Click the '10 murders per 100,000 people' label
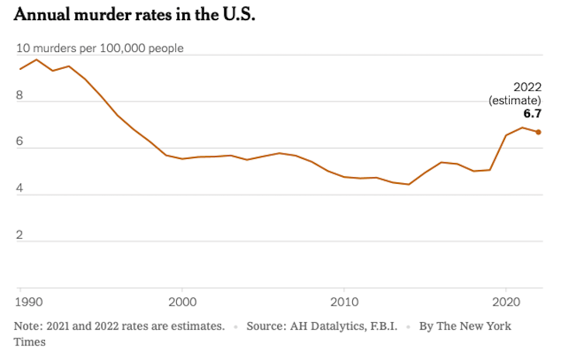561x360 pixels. click(x=100, y=48)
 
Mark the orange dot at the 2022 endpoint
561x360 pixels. click(x=538, y=132)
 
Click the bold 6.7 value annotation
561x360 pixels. click(x=532, y=113)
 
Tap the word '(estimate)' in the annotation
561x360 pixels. click(x=514, y=100)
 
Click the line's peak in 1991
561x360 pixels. click(x=36, y=60)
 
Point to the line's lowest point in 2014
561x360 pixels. click(x=409, y=185)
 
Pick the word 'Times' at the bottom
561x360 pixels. click(x=29, y=341)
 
